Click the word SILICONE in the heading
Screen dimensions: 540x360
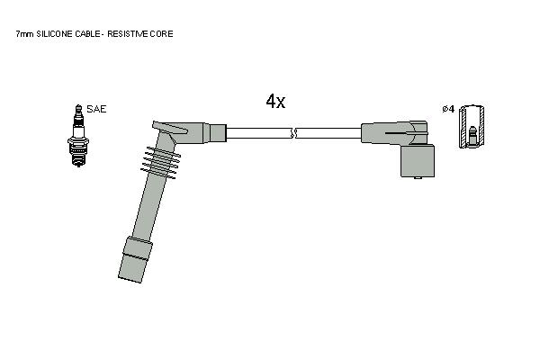click(x=54, y=34)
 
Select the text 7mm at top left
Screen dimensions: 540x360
click(x=25, y=34)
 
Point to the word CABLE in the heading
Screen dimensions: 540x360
click(x=87, y=34)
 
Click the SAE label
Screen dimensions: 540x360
click(x=96, y=109)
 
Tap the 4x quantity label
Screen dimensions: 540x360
click(x=275, y=102)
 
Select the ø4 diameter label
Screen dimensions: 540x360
click(x=448, y=109)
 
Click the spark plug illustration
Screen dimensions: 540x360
click(x=78, y=135)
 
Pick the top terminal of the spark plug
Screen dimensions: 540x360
click(x=78, y=110)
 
